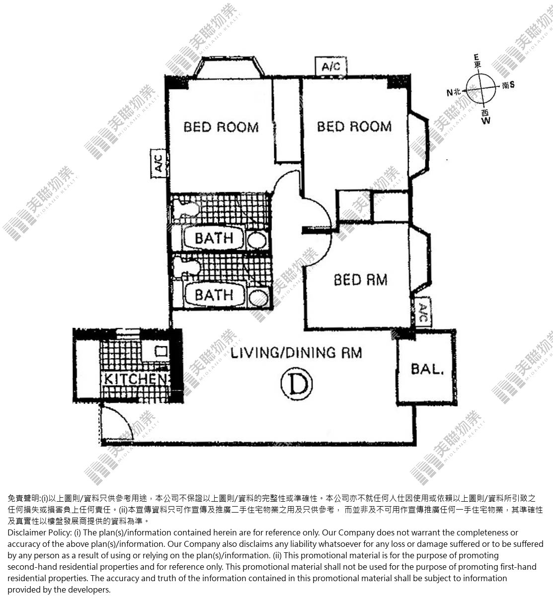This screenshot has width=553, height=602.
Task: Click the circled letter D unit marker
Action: [297, 384]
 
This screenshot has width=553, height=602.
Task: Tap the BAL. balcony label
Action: [427, 369]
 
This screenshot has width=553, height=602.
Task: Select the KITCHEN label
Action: [136, 379]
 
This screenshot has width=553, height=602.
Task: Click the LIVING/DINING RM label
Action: [296, 353]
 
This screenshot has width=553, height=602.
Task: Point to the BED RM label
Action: [361, 280]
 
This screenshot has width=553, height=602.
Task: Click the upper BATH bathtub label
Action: [214, 238]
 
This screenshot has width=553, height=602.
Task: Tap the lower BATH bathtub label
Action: [214, 295]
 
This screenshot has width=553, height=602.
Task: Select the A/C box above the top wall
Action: [331, 66]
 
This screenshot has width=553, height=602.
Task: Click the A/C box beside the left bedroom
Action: [158, 163]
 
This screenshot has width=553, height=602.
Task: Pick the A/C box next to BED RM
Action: [423, 312]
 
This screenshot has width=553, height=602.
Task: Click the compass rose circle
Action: [481, 88]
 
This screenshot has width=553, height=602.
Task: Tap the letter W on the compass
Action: [485, 121]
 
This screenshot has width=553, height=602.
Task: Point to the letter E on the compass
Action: [476, 57]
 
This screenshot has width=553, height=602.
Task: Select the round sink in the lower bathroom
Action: [258, 298]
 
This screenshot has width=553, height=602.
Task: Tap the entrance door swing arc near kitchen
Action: [122, 417]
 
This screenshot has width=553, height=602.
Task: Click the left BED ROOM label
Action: [221, 127]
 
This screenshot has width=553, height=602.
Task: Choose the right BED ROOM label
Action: [354, 127]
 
